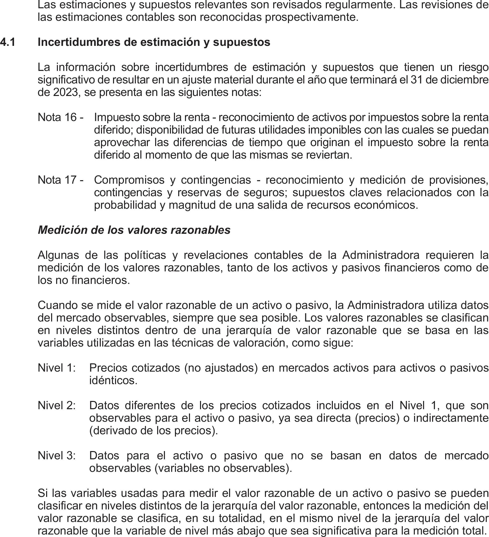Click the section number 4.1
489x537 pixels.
[8, 42]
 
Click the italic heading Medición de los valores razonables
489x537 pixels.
[134, 230]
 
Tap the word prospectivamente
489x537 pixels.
[312, 17]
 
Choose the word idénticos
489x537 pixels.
[113, 380]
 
